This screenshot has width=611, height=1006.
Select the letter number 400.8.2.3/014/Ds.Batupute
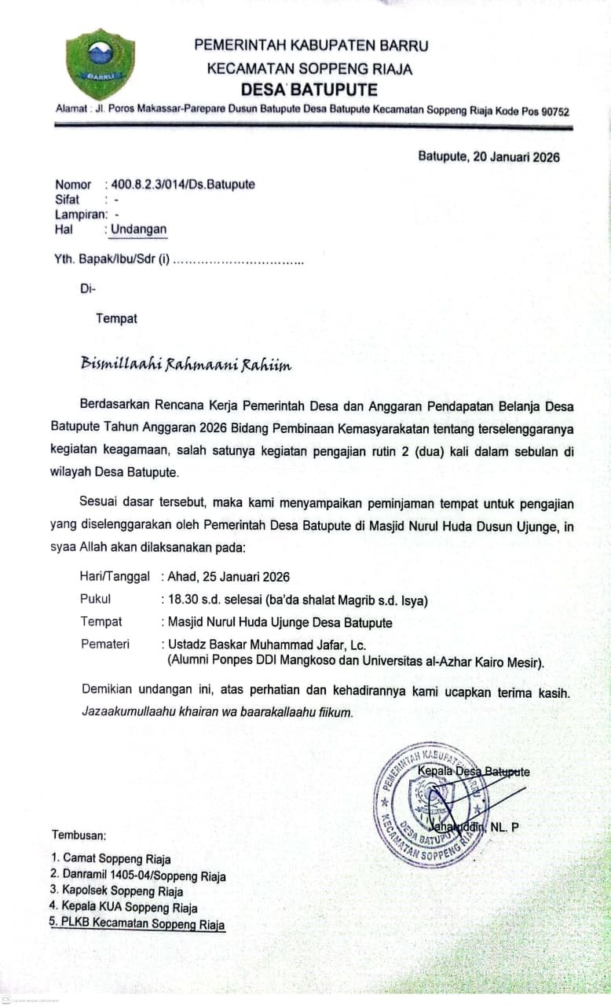coord(183,185)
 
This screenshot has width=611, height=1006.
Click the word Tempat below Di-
coord(116,318)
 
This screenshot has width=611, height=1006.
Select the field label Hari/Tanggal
coord(115,576)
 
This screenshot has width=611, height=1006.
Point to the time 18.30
coord(183,600)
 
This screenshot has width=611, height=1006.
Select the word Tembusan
coord(79,834)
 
